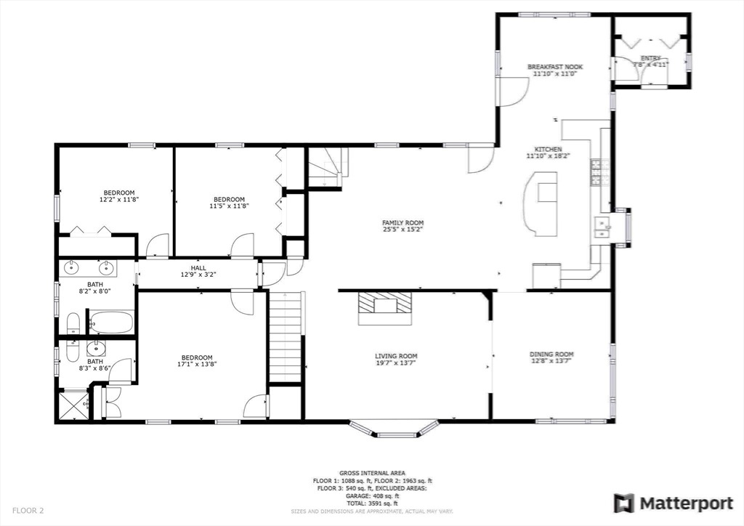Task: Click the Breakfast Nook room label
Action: (554, 67)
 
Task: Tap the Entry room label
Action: (650, 58)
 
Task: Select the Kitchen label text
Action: (549, 149)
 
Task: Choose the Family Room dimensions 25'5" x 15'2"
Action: (403, 230)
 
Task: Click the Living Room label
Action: (396, 356)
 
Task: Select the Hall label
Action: (198, 267)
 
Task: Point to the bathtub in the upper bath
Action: (111, 321)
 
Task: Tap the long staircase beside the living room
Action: (285, 335)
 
